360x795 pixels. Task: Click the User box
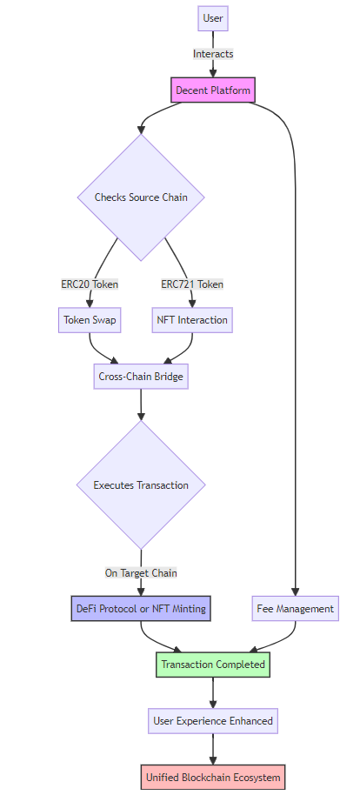tap(213, 19)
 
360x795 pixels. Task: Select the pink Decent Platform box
tap(213, 90)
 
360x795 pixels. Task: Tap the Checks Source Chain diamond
tap(141, 197)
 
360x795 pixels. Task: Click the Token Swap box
tap(90, 320)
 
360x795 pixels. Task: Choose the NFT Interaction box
tap(192, 320)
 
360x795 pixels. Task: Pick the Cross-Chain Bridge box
tap(141, 377)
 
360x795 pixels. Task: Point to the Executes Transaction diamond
tap(141, 484)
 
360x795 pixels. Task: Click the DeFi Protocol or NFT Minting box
tap(141, 608)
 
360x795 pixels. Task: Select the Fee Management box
tap(295, 608)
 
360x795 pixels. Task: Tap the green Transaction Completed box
tap(213, 665)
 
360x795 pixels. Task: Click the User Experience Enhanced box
tap(213, 720)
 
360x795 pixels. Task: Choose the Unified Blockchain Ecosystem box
tap(213, 778)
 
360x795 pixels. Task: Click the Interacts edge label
tap(213, 54)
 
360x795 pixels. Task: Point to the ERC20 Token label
tap(90, 284)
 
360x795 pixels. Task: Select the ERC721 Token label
tap(192, 284)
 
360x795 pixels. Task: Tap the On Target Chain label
tap(141, 573)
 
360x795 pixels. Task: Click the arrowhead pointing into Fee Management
tap(295, 591)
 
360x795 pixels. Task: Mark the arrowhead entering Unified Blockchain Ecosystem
tap(213, 760)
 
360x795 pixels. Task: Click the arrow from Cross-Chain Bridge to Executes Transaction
tap(141, 404)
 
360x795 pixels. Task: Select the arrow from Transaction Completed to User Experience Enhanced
tap(213, 692)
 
